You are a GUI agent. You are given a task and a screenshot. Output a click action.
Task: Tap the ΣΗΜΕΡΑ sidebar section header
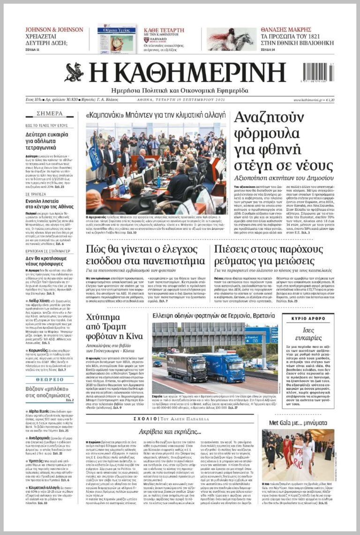pyautogui.click(x=49, y=113)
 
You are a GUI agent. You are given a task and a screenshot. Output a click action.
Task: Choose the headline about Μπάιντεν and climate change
pyautogui.click(x=156, y=115)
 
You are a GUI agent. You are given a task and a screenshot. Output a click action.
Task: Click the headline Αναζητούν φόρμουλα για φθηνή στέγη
pyautogui.click(x=284, y=141)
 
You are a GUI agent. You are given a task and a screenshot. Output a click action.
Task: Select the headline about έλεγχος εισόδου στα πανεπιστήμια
pyautogui.click(x=146, y=254)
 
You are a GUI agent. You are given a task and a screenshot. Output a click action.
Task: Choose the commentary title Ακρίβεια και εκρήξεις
pyautogui.click(x=170, y=430)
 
